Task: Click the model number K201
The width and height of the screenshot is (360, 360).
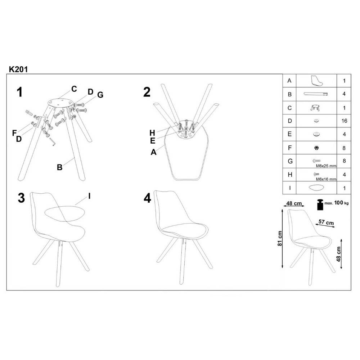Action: click(x=18, y=69)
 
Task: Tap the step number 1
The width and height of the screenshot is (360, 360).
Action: click(x=20, y=93)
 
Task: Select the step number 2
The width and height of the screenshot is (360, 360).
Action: click(x=147, y=93)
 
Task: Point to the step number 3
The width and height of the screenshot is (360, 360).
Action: click(x=21, y=198)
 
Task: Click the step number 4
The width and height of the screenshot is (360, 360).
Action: click(x=147, y=198)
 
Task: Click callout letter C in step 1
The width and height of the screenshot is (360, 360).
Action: click(x=74, y=89)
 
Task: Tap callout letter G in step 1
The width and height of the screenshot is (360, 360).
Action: click(x=100, y=95)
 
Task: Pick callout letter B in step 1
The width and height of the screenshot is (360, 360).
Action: click(x=60, y=167)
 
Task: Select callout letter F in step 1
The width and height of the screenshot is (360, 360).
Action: click(x=14, y=133)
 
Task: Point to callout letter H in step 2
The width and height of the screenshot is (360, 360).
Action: click(x=153, y=132)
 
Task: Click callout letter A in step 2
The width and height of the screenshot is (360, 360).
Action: click(x=154, y=152)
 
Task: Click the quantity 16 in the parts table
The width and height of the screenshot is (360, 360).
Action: click(x=345, y=121)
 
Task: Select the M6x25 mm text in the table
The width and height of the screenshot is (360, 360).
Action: click(x=325, y=166)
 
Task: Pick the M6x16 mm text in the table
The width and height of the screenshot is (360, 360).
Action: click(x=326, y=179)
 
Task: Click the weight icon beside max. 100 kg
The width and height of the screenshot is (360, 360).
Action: click(x=319, y=204)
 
